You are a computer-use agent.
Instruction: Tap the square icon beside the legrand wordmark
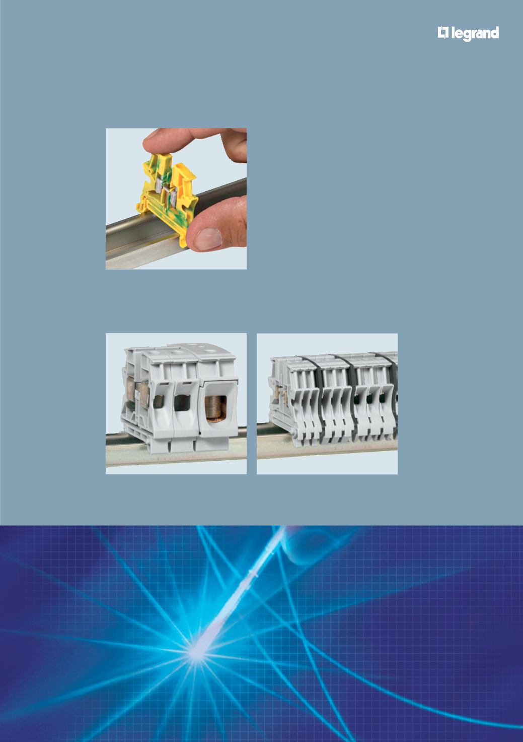coord(443,33)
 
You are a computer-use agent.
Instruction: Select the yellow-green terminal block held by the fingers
coord(168,196)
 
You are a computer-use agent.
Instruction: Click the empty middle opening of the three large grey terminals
coord(181,403)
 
